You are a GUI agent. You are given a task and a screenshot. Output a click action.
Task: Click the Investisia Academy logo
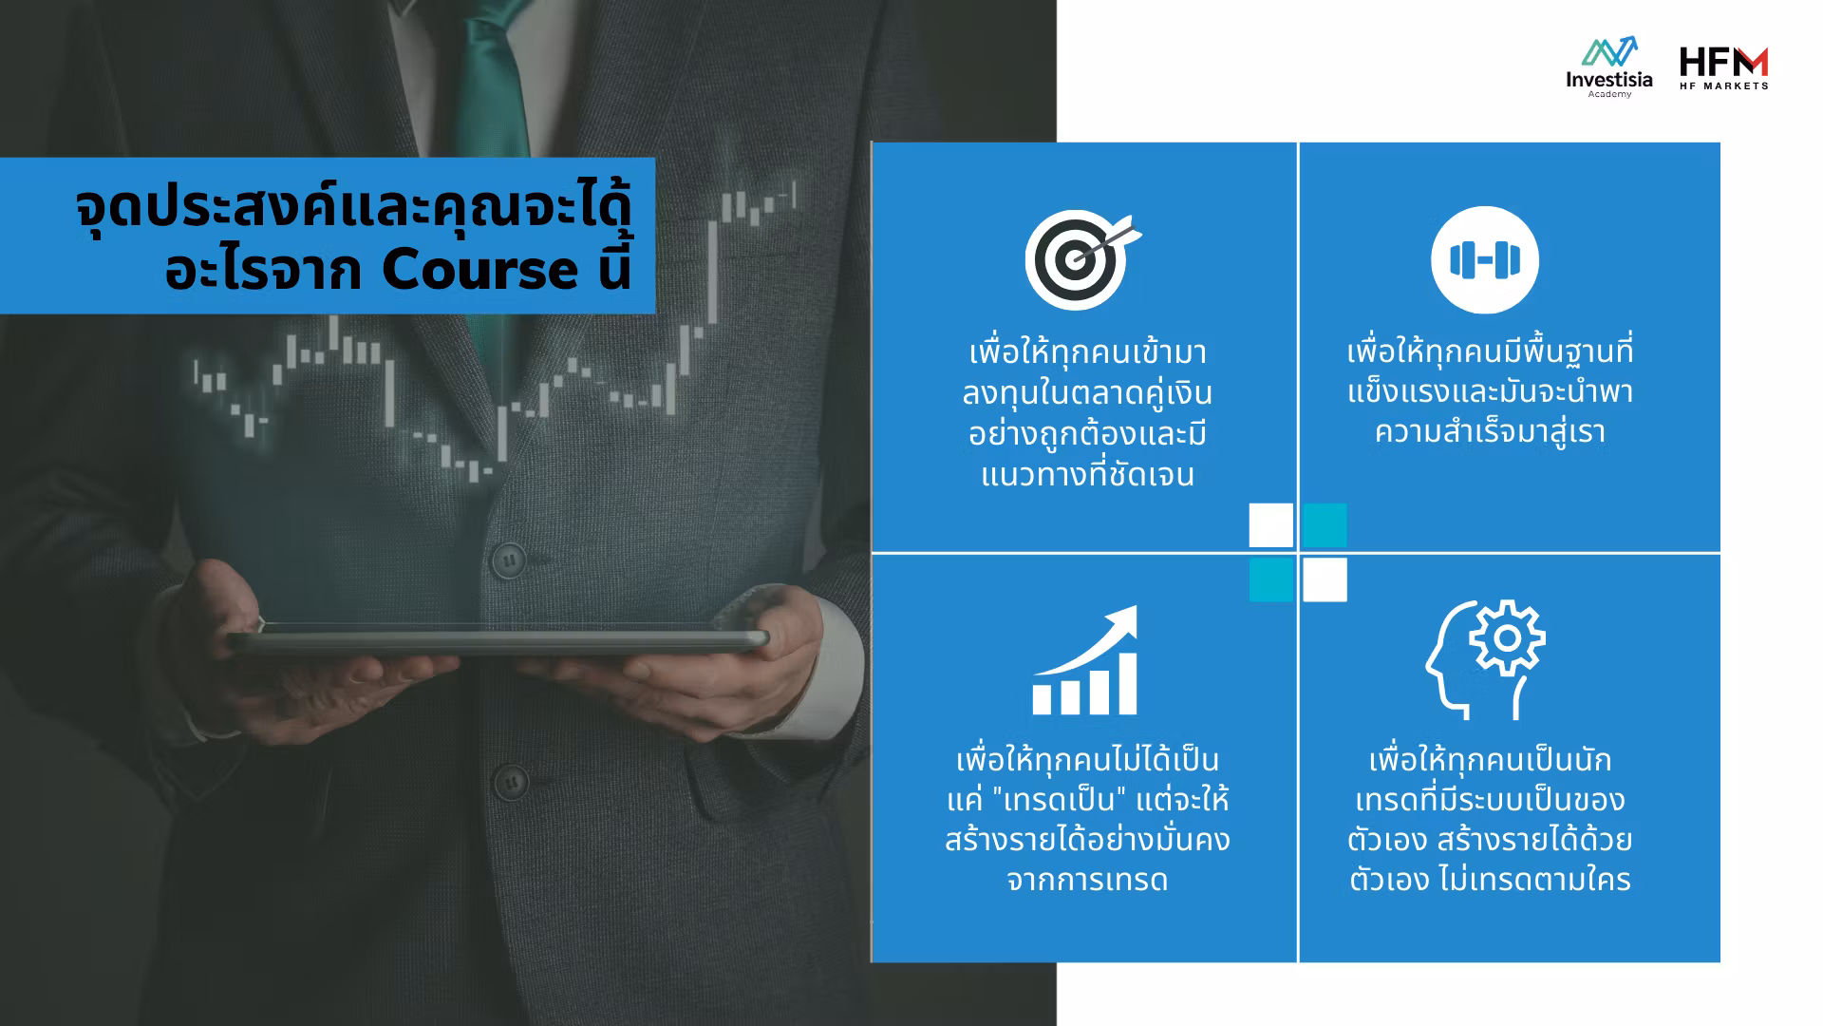pos(1608,67)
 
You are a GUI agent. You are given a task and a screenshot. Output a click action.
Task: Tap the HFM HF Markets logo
pos(1723,68)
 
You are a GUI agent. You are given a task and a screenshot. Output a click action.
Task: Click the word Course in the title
pos(479,271)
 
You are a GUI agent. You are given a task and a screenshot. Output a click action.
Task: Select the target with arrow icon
pos(1082,259)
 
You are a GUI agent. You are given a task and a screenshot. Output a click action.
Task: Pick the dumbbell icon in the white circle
pos(1485,259)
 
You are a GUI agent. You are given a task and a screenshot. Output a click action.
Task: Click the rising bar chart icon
pos(1085,660)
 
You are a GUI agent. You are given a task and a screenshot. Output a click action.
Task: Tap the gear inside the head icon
pos(1507,637)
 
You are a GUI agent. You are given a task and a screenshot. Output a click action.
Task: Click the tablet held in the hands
pos(498,641)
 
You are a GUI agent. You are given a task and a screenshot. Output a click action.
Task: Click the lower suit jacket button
pos(511,784)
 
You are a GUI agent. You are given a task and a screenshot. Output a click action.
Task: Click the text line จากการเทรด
pos(1087,880)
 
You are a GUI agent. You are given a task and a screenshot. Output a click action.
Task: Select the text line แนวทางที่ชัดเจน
pos(1087,474)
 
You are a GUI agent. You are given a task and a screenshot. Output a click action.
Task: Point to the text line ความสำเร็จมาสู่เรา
pos(1490,433)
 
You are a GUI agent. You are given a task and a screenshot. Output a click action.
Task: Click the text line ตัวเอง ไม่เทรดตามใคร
pos(1490,880)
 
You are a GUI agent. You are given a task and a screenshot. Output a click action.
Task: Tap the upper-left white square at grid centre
pos(1271,525)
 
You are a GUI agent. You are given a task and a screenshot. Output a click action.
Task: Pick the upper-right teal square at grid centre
pos(1325,525)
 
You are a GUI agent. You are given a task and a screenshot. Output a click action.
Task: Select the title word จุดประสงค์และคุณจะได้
pos(353,211)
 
